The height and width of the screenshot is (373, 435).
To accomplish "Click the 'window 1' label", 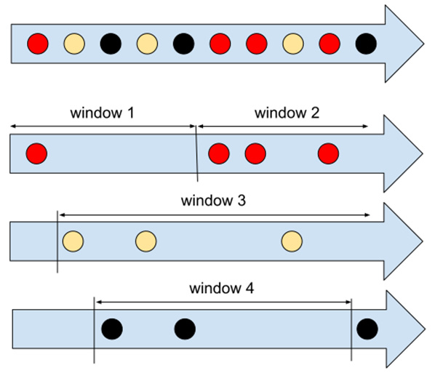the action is coord(102,113).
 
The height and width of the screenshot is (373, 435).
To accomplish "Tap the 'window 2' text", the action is coord(287,113).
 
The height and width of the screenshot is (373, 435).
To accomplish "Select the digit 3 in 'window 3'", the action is coord(242,201).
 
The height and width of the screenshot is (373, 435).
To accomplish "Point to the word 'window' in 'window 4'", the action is coord(215,288).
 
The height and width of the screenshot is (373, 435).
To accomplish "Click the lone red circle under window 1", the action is coord(36,153).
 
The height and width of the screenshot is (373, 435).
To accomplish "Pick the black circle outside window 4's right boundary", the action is coord(367,329).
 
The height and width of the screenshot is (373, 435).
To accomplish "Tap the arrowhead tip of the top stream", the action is coord(424,44).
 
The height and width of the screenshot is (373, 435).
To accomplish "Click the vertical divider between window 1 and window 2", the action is coord(196,153).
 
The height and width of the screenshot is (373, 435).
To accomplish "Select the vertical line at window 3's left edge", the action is coord(57,242).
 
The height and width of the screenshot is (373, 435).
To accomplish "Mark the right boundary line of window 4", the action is coord(351,329).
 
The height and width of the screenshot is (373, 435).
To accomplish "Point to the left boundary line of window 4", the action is coord(94,330).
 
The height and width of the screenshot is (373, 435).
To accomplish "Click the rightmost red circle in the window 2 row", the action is coord(328,153).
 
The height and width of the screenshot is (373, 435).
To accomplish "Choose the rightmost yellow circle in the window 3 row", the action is coord(292,241).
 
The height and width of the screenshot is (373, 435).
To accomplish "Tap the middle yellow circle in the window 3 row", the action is coord(146,241).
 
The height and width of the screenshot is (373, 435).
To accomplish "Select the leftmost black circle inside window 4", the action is coord(112,329).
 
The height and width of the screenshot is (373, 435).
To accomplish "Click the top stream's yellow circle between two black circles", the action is coord(147,44).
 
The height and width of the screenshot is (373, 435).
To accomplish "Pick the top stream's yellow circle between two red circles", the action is coord(293,44).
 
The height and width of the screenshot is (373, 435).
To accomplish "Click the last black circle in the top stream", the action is coord(366,44).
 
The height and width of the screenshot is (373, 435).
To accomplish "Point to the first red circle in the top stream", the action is coord(38,44).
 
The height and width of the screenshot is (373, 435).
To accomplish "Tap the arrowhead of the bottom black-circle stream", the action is coord(406,329).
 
